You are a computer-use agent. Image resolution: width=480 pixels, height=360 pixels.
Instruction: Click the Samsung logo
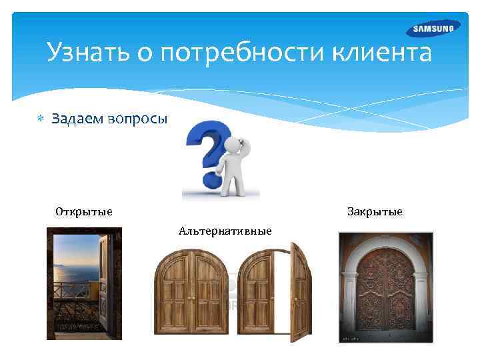pyautogui.click(x=433, y=29)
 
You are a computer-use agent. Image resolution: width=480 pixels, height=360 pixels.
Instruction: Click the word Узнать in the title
pyautogui.click(x=85, y=52)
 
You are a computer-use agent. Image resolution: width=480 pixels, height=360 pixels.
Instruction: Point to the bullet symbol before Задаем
pyautogui.click(x=39, y=118)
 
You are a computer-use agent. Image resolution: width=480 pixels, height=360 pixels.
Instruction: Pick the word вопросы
pyautogui.click(x=139, y=118)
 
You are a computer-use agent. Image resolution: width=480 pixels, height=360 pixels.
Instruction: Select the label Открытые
pyautogui.click(x=84, y=212)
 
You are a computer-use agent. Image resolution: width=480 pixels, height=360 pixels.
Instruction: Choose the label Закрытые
pyautogui.click(x=375, y=212)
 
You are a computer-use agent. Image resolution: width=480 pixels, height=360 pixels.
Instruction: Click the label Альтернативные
pyautogui.click(x=225, y=231)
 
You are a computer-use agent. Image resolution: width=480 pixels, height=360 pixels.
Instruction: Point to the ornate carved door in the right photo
pyautogui.click(x=385, y=293)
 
